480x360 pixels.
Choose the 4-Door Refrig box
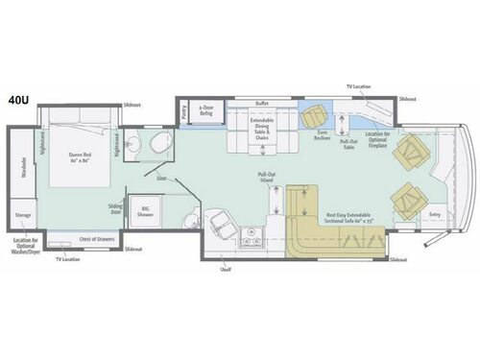204,111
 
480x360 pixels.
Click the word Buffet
261,103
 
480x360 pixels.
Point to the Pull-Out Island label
269,178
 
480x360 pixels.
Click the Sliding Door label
114,210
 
